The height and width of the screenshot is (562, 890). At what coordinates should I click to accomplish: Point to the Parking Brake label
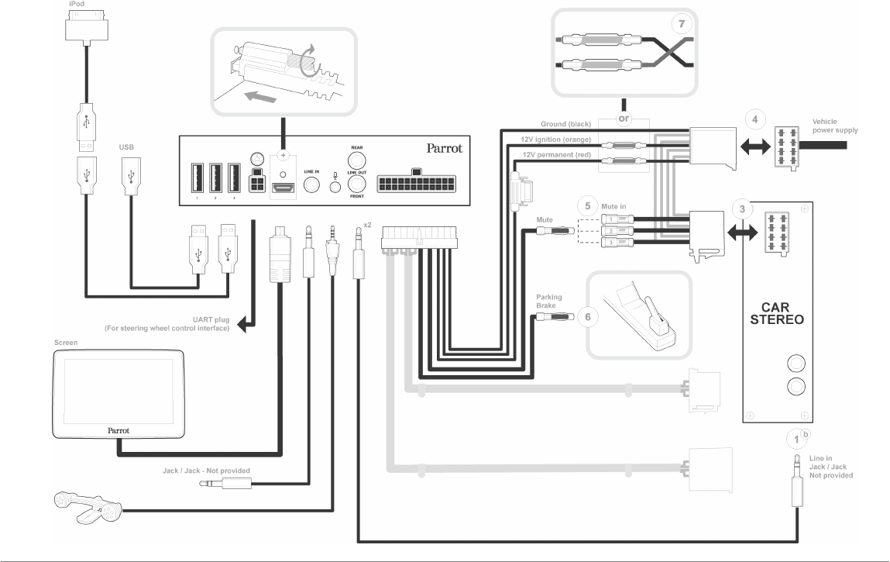coord(548,301)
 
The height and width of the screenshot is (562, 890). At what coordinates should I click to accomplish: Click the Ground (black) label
coord(568,124)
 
